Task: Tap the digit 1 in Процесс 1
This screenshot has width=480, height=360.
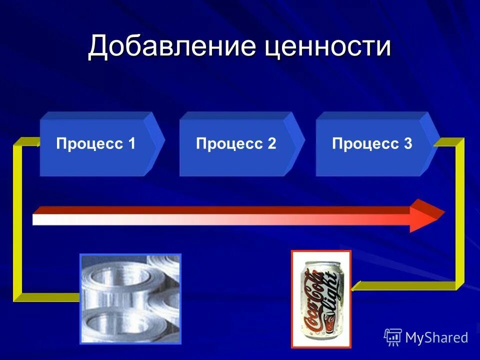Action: tap(132, 144)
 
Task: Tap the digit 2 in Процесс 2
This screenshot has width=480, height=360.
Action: tap(272, 144)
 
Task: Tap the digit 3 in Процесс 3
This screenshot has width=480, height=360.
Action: tap(408, 144)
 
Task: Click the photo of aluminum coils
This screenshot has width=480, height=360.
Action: tap(130, 298)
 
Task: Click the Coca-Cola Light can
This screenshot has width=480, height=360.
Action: tap(321, 300)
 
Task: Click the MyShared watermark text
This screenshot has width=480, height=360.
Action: tap(436, 338)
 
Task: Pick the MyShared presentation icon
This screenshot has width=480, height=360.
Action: tap(393, 337)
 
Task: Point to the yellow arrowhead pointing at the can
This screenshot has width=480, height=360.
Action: tap(355, 286)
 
